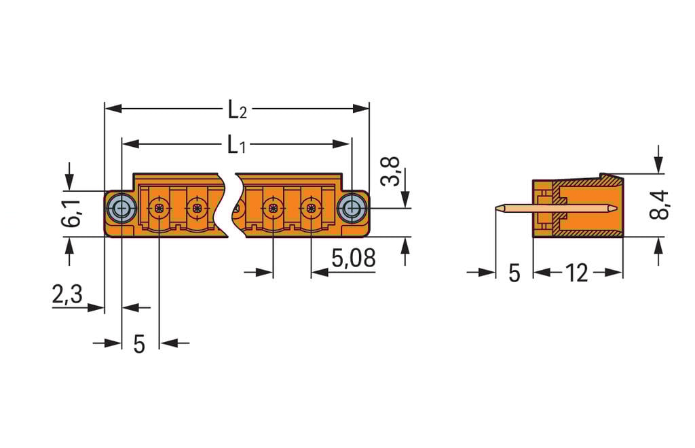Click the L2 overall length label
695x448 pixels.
[236, 109]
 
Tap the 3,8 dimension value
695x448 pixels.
[390, 171]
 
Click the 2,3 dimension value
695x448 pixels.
[67, 294]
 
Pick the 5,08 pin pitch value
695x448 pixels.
[353, 258]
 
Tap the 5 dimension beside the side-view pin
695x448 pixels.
[514, 273]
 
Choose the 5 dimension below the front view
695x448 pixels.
[138, 344]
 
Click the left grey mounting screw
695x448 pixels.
[121, 208]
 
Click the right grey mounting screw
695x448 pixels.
[352, 208]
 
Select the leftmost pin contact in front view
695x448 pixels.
[159, 207]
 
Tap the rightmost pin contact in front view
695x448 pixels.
[311, 207]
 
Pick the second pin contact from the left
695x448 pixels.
[197, 207]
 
